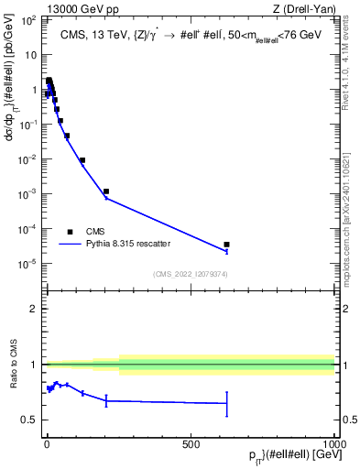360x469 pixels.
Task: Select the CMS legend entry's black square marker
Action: [x=71, y=231]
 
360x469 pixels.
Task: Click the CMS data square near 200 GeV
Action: [x=106, y=191]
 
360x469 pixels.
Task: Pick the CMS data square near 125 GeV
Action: [x=82, y=160]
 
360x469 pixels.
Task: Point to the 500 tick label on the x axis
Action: [x=191, y=444]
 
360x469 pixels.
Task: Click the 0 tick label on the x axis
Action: [x=47, y=444]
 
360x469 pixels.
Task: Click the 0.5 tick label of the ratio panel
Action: [x=30, y=420]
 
